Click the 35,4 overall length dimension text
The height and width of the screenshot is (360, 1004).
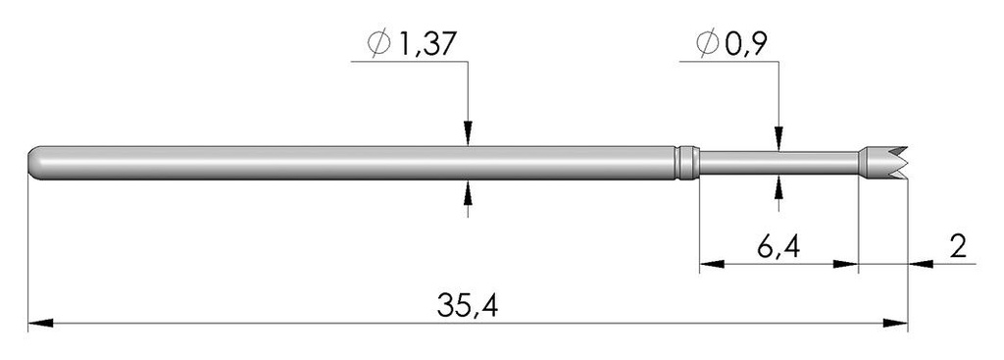click(x=468, y=305)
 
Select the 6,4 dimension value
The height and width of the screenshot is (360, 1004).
click(x=778, y=246)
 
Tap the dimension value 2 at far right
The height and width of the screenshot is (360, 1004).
click(x=958, y=246)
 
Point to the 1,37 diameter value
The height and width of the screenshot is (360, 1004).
click(x=428, y=44)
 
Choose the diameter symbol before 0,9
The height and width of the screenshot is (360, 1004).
click(x=708, y=44)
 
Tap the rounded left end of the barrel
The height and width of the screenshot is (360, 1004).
click(x=36, y=163)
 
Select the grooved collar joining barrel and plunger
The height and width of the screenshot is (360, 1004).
click(x=688, y=163)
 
